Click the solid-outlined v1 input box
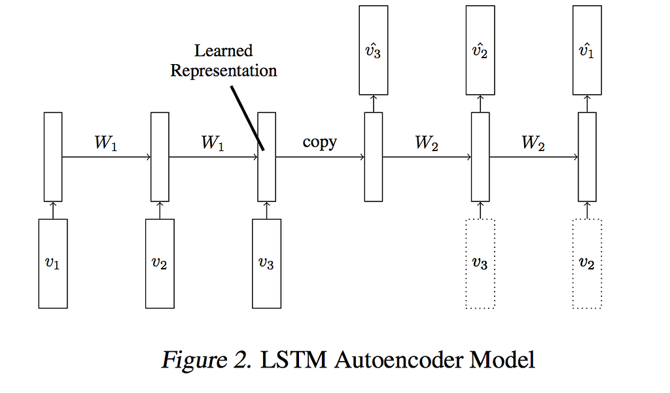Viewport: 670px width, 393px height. click(x=53, y=264)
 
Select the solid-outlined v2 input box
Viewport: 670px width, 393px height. click(x=160, y=264)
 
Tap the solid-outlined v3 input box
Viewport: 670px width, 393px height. click(x=266, y=264)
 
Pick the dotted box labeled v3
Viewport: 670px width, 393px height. click(x=480, y=264)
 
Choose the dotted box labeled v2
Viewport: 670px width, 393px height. click(x=587, y=264)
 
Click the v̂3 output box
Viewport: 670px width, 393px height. click(x=373, y=49)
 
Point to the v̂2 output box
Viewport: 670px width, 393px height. click(x=480, y=49)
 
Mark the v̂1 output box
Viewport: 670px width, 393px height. click(x=587, y=49)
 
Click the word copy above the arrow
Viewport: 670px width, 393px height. click(x=319, y=142)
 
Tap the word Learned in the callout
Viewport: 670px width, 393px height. click(x=223, y=51)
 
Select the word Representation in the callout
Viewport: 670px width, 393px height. click(x=223, y=70)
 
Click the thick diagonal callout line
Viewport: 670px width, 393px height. click(x=247, y=117)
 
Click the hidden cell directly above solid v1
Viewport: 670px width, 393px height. click(x=53, y=157)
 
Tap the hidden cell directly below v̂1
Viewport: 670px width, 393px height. click(x=587, y=157)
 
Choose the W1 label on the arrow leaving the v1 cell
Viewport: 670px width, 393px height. click(x=105, y=143)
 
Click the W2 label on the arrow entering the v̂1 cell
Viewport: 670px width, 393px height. click(x=533, y=143)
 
